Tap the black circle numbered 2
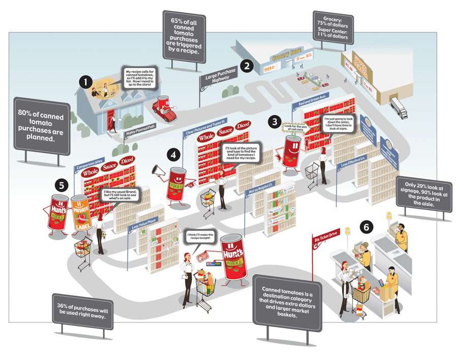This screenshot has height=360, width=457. tap(247, 65)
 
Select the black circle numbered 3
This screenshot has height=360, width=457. tap(275, 122)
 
